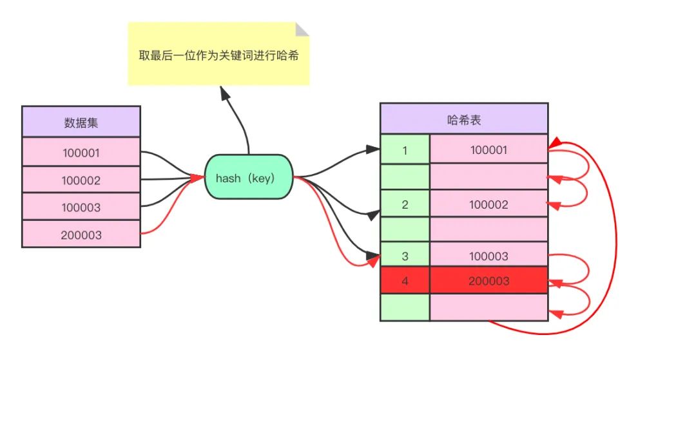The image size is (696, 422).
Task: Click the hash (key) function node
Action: point(249,177)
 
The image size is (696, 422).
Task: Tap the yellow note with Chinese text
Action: point(218,55)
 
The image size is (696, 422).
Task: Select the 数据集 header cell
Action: point(81,122)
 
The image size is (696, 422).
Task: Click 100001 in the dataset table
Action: point(81,153)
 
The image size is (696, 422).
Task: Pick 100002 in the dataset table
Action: point(81,180)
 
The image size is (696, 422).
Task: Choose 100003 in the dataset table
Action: point(81,207)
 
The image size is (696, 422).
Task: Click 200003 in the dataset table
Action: point(81,235)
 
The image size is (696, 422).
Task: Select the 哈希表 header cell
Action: point(464,119)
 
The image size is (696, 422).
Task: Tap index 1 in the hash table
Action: point(405,150)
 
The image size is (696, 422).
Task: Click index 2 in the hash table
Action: point(405,204)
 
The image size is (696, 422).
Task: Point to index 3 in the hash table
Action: point(405,256)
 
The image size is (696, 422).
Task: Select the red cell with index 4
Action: point(405,281)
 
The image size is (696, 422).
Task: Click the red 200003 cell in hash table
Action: point(488,281)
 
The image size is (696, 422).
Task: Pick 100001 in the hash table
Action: point(488,150)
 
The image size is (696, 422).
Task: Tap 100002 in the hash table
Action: point(488,204)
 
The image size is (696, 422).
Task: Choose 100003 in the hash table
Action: point(488,256)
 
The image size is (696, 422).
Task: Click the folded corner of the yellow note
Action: point(302,29)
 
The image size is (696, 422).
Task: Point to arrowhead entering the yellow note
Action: point(224,93)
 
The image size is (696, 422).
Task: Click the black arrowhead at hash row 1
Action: point(372,149)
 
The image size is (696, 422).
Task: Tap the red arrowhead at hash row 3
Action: point(373,260)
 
